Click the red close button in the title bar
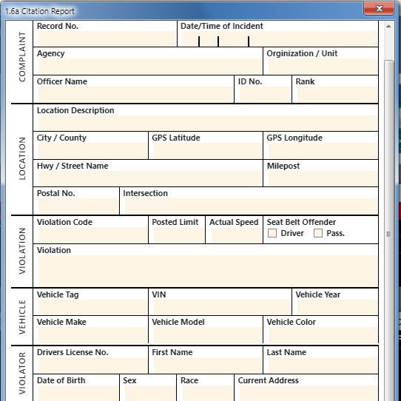pos(380,9)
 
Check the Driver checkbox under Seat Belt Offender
pos(272,234)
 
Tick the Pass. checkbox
pos(318,234)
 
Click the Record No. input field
pos(105,39)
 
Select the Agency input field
pos(148,67)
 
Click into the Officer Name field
pos(134,95)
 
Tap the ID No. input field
pos(263,95)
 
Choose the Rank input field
pos(335,95)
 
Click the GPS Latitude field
pos(206,151)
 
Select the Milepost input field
pos(321,179)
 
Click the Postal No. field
pos(77,206)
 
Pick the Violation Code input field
pos(91,235)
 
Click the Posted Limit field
pos(177,235)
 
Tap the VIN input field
pos(220,308)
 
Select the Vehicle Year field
pos(335,308)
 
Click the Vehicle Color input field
pos(321,335)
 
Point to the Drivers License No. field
pos(91,365)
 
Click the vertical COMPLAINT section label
pos(22,56)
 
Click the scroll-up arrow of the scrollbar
pos(389,26)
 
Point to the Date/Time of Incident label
pos(221,26)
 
